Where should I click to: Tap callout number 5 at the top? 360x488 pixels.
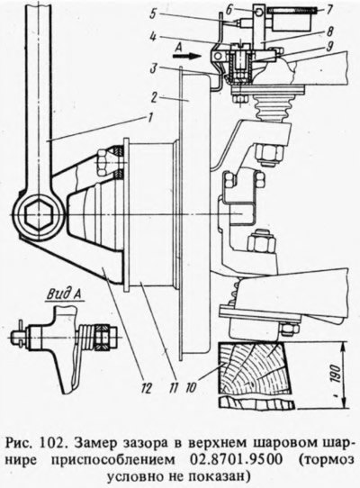point(154,14)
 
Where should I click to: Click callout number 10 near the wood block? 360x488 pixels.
point(191,387)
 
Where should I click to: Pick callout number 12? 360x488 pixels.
point(146,388)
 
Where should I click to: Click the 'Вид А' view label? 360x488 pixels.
point(65,294)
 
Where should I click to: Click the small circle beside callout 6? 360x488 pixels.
point(259,11)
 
